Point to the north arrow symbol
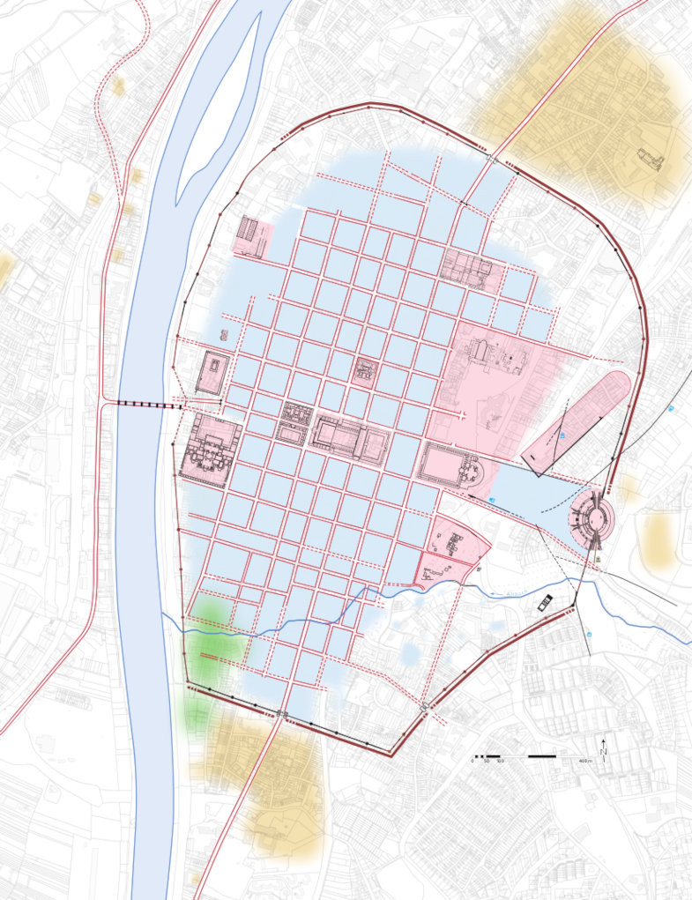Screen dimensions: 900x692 (604, 748)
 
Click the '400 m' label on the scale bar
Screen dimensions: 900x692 (584, 761)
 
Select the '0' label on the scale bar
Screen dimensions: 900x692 (472, 761)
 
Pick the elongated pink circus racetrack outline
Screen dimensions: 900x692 (577, 418)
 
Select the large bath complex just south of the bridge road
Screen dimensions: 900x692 (210, 449)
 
